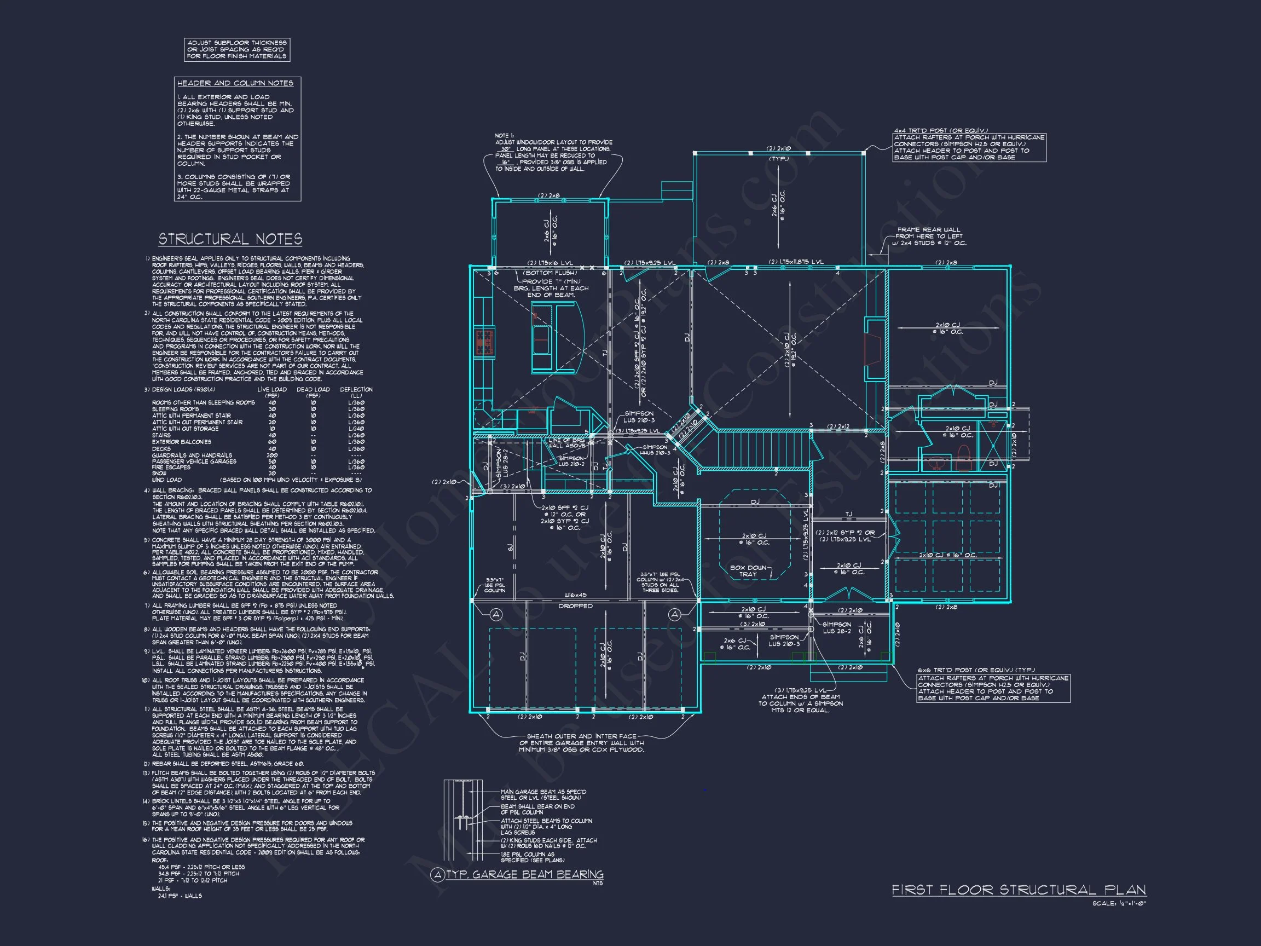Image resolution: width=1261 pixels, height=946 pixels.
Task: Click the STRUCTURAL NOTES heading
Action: [x=230, y=239]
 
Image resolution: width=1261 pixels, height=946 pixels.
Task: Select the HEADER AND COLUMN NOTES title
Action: [x=235, y=83]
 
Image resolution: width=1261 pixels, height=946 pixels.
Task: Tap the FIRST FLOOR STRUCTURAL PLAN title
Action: [x=1019, y=890]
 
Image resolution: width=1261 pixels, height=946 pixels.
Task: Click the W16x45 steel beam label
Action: [x=575, y=595]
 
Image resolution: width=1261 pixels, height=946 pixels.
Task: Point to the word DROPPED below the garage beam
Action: [x=575, y=606]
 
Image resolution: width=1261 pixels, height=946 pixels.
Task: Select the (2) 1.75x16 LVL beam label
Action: [x=549, y=263]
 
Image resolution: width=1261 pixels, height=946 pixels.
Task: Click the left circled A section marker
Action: [x=496, y=614]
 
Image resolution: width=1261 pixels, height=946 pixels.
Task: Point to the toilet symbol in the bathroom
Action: [x=963, y=458]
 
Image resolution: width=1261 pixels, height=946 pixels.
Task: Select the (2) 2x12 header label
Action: [x=838, y=426]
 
